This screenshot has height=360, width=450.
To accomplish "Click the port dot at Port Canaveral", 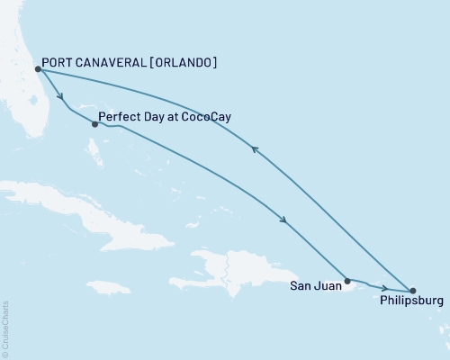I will click(37, 68).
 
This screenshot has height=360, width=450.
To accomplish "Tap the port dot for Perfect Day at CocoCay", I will click(94, 124).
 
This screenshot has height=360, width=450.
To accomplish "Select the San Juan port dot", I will click(347, 281).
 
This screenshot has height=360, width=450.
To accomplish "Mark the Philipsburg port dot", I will click(412, 291).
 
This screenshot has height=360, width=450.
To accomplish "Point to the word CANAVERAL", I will click(111, 63).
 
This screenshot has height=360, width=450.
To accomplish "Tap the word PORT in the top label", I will click(60, 63).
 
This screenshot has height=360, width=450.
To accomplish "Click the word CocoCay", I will click(190, 117).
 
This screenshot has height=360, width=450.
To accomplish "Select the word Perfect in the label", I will click(121, 117).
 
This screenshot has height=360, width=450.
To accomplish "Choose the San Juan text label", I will click(316, 287).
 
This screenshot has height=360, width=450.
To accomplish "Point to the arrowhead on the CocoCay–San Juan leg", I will click(283, 220).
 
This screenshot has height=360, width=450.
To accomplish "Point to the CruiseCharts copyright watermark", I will click(6, 329).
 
